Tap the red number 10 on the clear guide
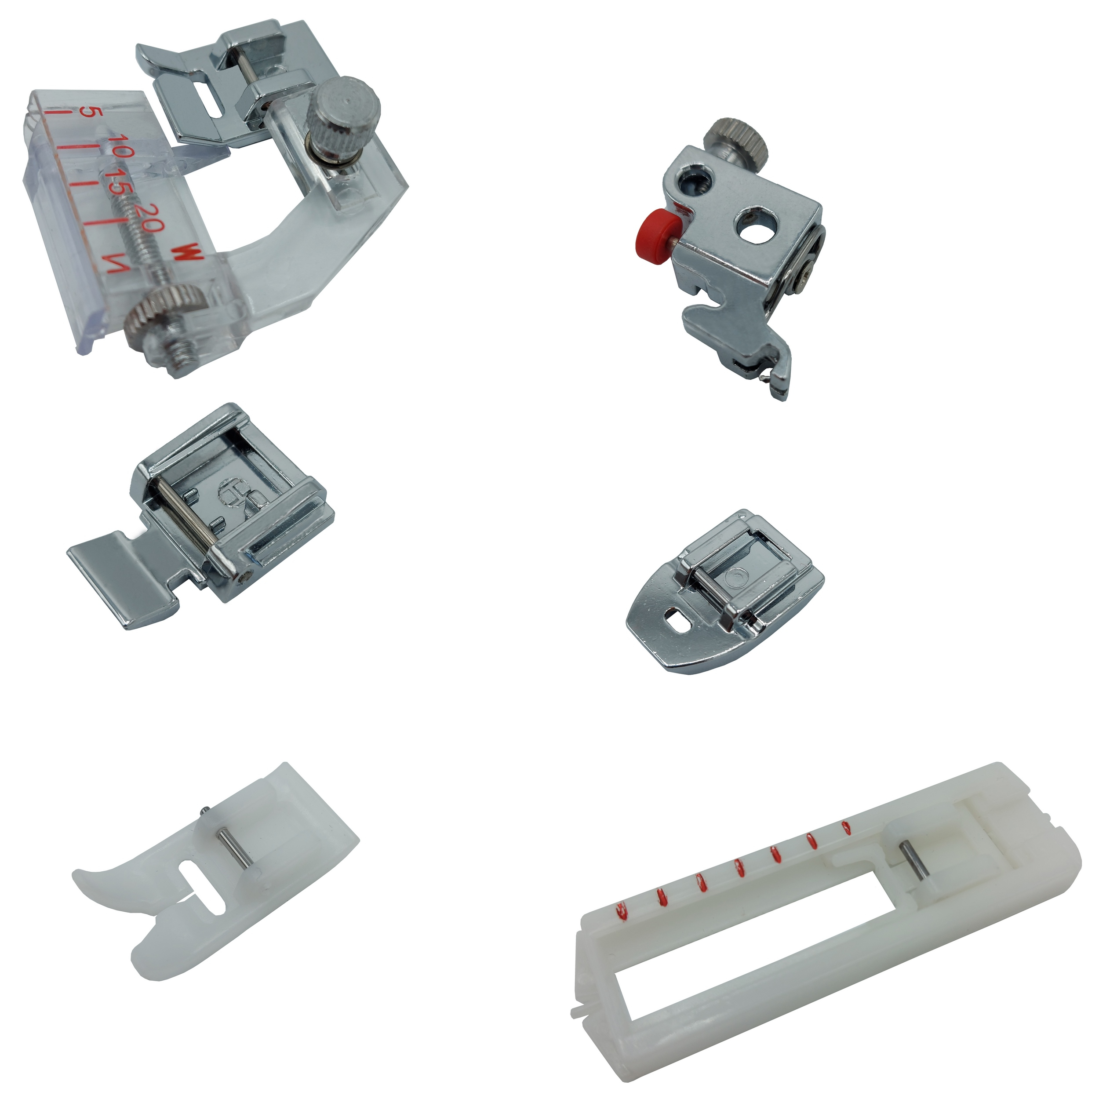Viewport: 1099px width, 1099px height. pyautogui.click(x=121, y=145)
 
